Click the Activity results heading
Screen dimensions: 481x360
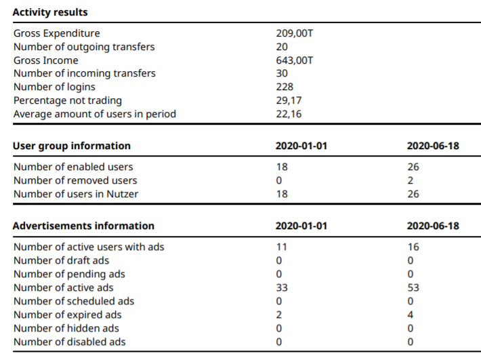(50, 12)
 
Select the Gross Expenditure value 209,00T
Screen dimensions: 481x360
(295, 33)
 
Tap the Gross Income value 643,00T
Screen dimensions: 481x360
(295, 60)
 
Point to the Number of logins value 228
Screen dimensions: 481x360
(285, 87)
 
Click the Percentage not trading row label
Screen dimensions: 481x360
(68, 100)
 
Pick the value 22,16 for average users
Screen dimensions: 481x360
(289, 114)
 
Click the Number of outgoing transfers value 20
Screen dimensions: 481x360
(282, 47)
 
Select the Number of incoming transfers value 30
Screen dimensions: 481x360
(282, 73)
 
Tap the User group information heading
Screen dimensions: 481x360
(72, 146)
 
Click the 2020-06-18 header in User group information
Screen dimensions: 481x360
(433, 146)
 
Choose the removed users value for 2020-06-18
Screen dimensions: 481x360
(411, 180)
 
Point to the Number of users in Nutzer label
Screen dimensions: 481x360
(76, 194)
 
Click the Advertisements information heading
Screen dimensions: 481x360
(83, 226)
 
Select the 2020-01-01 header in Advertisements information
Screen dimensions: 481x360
(301, 226)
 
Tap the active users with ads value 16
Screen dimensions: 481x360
(413, 247)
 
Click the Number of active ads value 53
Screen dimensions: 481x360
(413, 287)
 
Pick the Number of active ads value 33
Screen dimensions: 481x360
(282, 287)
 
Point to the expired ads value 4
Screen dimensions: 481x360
(411, 315)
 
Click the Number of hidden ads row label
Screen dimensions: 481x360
(66, 328)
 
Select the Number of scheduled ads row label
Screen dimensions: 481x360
(74, 302)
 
